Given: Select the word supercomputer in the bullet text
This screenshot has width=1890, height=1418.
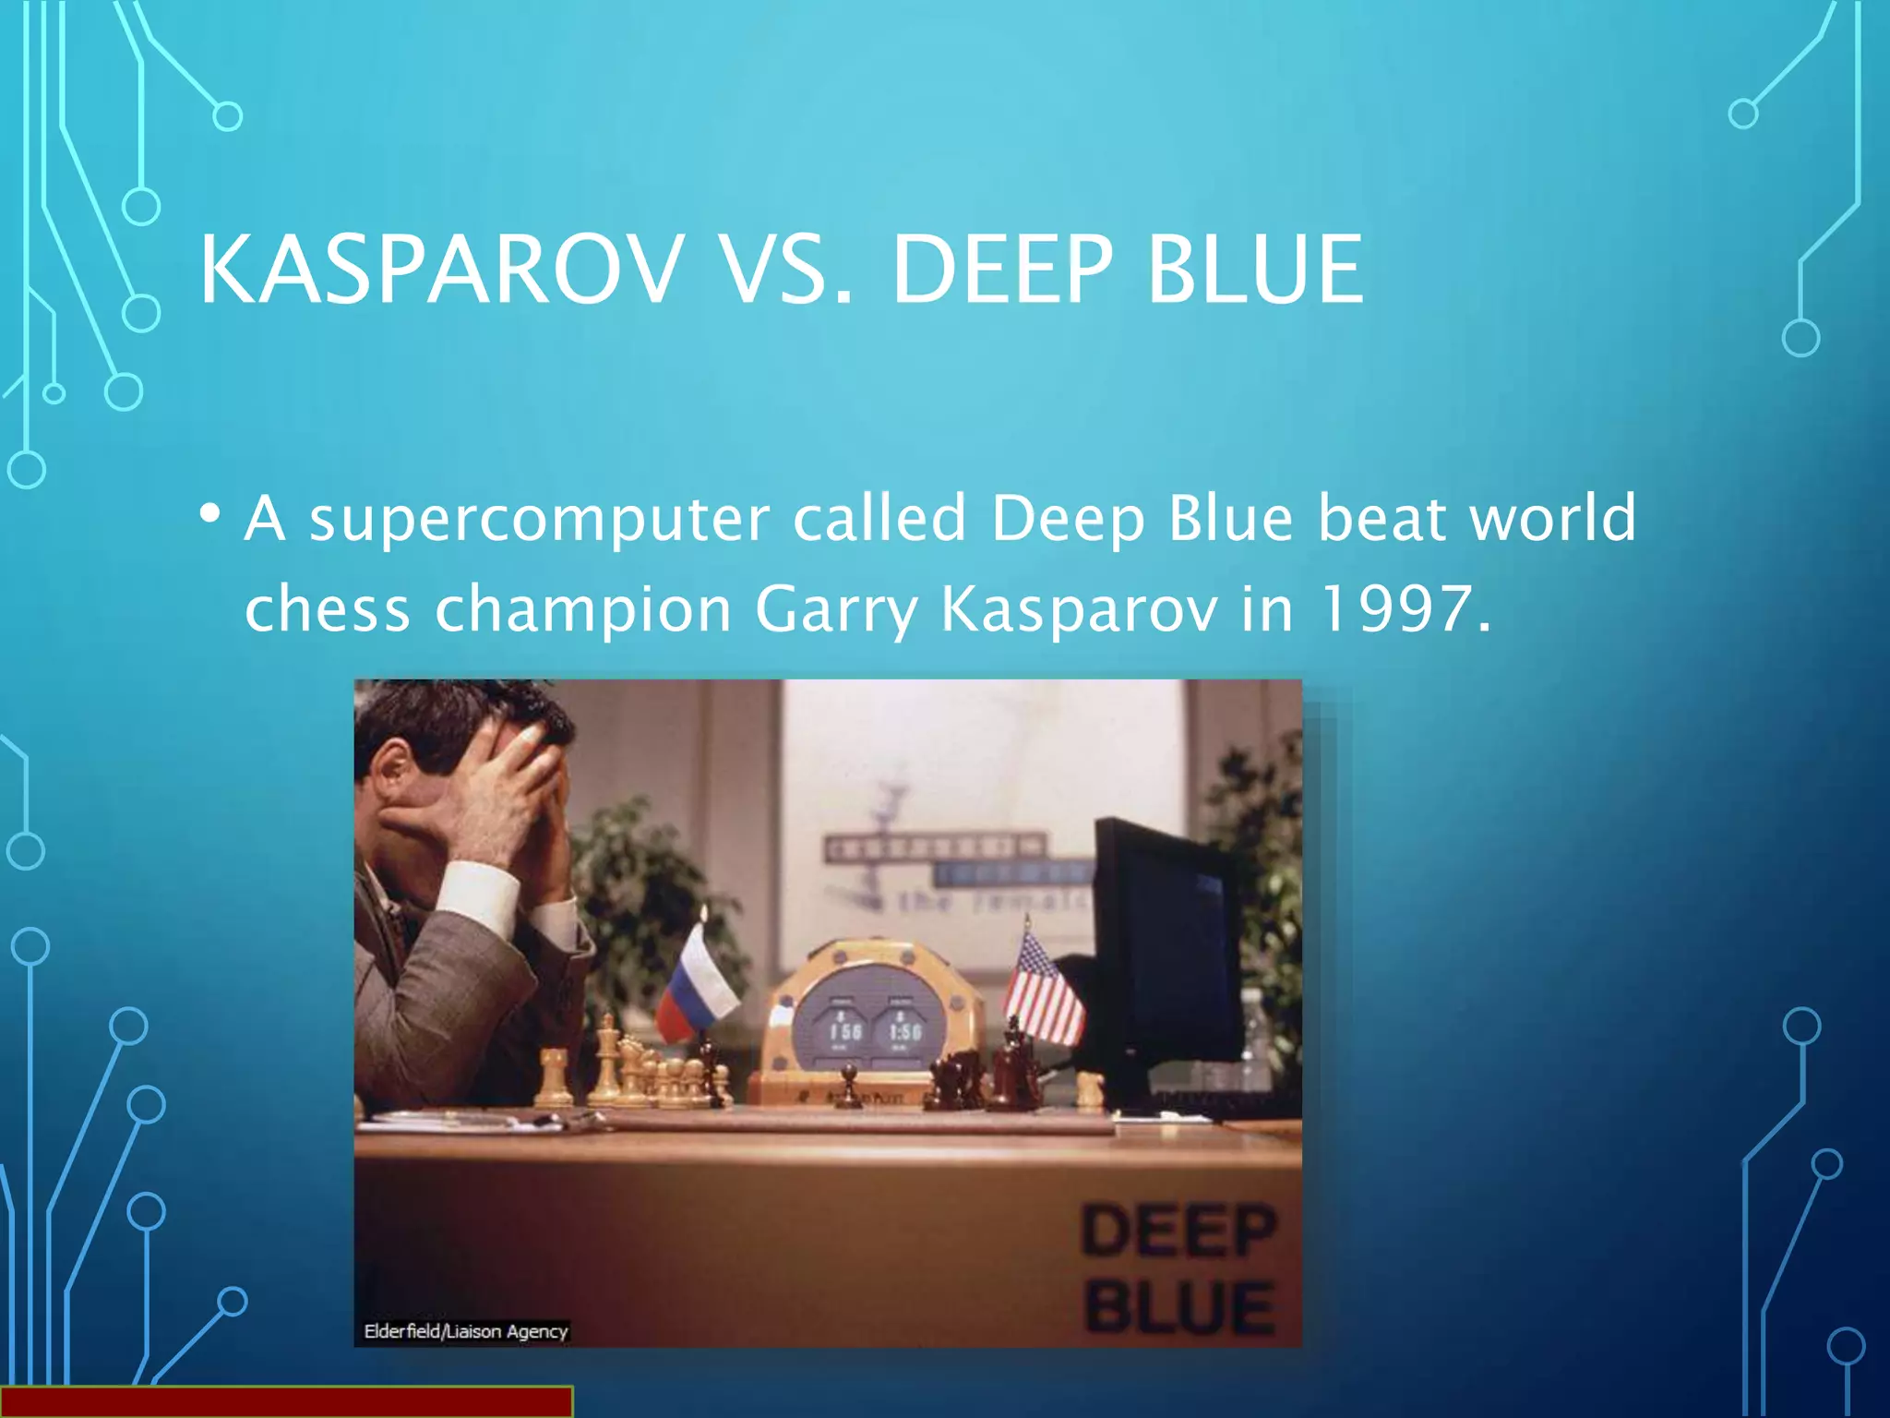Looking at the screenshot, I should [539, 519].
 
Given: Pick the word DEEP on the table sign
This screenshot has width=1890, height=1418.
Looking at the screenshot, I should [1178, 1231].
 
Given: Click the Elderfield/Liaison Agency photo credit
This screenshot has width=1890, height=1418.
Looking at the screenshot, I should [465, 1331].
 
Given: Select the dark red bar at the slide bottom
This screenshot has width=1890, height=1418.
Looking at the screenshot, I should [286, 1401].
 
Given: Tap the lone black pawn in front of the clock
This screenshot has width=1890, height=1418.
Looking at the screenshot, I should [847, 1086].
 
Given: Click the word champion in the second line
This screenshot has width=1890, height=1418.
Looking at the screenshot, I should [583, 609].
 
